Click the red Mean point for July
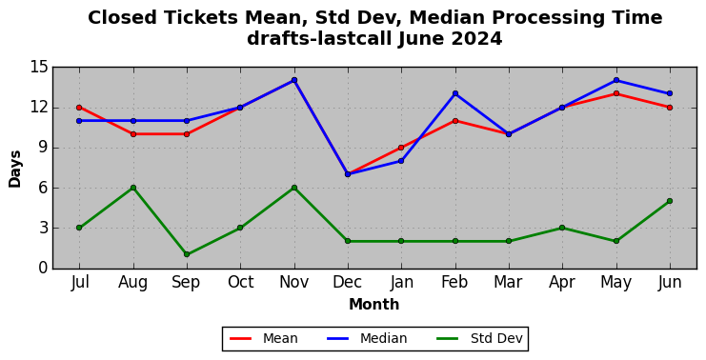(79, 108)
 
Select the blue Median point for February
(455, 93)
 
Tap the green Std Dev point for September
(187, 254)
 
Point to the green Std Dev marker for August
(133, 188)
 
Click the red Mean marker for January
(401, 148)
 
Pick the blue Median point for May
(615, 80)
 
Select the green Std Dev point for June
(670, 201)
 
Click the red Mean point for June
(670, 108)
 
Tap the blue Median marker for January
(401, 161)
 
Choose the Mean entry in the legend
(264, 338)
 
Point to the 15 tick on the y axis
(38, 68)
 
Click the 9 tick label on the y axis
(43, 148)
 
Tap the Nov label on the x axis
(294, 282)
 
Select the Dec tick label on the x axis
(347, 282)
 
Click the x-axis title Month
(374, 305)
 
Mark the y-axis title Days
(15, 169)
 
